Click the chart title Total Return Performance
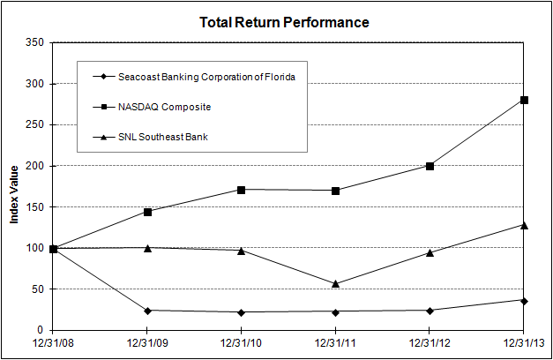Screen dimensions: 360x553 pos(284,21)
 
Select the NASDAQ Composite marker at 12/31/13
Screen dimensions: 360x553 pos(524,100)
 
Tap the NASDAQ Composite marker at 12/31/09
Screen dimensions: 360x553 pos(147,212)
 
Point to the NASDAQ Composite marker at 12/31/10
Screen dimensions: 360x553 pos(242,190)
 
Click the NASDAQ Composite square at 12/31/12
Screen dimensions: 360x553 pos(430,166)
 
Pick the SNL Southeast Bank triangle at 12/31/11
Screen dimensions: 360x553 pos(335,283)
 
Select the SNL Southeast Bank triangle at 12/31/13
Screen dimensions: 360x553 pos(524,225)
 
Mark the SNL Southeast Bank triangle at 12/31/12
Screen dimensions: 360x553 pos(430,252)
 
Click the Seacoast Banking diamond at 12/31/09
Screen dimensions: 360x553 pos(147,311)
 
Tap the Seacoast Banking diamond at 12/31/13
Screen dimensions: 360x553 pos(524,301)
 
